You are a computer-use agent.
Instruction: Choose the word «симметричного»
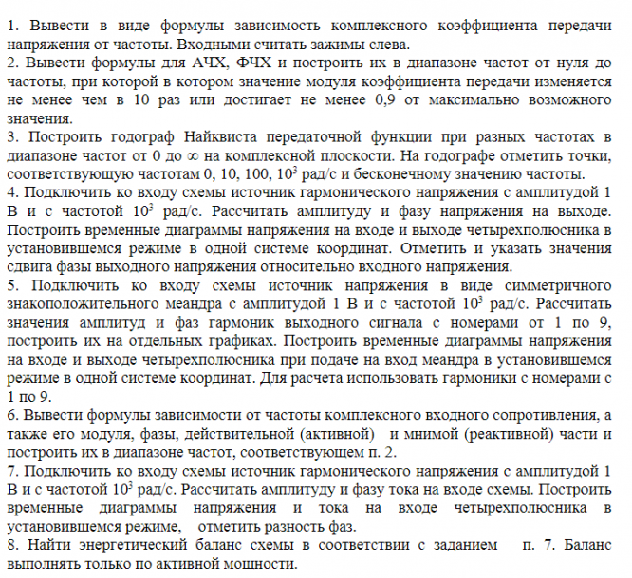pyautogui.click(x=556, y=286)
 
